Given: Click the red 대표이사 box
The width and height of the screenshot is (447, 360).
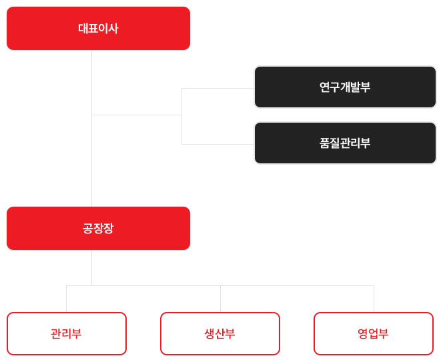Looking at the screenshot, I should pos(97,29).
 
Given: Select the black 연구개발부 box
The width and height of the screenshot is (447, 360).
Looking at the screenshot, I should pos(344,87).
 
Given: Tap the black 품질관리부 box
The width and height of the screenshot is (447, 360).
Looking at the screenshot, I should pos(344,143).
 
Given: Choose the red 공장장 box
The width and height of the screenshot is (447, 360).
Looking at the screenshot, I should pos(97,228).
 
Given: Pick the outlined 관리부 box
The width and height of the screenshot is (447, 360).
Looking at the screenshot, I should pos(66,333).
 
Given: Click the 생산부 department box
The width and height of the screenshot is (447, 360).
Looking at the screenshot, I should pos(219,333).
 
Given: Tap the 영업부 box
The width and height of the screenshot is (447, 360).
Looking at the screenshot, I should pos(373,333).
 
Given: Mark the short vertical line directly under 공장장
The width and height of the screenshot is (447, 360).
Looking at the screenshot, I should pos(91,267).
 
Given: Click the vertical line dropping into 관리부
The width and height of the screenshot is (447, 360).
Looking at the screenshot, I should pos(66,299).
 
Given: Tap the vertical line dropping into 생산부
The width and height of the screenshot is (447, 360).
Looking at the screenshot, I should pos(220,299).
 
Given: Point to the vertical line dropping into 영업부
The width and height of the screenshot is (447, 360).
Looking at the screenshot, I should pos(374,299).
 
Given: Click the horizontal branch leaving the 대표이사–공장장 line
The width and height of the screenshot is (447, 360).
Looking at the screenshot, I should pos(137,115).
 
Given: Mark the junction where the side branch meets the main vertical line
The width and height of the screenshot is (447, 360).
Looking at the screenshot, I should pos(91,115).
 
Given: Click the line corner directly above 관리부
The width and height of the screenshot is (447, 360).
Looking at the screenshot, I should pos(66,285).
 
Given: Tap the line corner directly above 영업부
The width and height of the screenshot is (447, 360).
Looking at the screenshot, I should pos(374,285).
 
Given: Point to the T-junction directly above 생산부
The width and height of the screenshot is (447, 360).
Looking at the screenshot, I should pos(220,285).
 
